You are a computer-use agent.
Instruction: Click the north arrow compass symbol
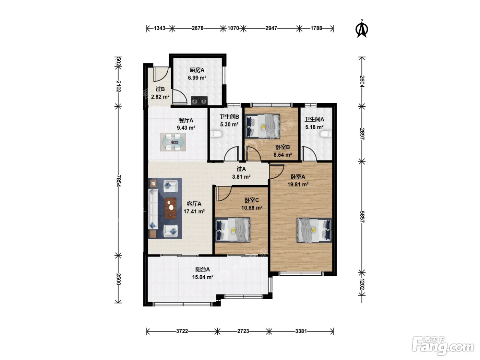[x=362, y=29]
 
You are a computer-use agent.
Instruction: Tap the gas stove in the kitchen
[x=199, y=101]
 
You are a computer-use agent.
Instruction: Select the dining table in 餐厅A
[x=173, y=142]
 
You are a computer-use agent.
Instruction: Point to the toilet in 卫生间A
[x=326, y=134]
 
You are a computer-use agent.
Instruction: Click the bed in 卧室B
[x=262, y=126]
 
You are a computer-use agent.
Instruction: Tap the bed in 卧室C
[x=233, y=230]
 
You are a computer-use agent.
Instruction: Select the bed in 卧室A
[x=314, y=230]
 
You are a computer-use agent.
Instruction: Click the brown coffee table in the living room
[x=170, y=208]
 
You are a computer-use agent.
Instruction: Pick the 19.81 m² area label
[x=298, y=184]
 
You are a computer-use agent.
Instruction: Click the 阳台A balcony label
[x=203, y=269]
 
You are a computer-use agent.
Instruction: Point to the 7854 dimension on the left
[x=118, y=181]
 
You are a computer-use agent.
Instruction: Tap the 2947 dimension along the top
[x=271, y=28]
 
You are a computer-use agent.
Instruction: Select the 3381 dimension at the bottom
[x=301, y=331]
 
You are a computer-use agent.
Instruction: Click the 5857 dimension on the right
[x=362, y=217]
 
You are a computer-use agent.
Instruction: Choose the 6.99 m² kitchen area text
[x=197, y=78]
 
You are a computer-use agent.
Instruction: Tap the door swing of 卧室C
[x=224, y=194]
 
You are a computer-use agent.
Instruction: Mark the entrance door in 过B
[x=160, y=74]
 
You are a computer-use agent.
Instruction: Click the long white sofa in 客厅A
[x=153, y=209]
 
